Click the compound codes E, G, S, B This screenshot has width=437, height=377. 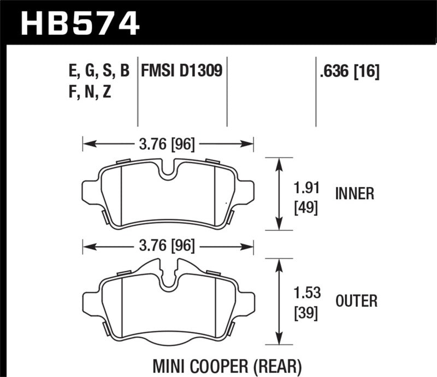point(96,71)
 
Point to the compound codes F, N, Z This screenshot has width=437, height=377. point(87,92)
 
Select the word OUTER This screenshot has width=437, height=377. point(356,301)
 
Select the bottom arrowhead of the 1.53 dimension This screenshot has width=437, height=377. point(280,338)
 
